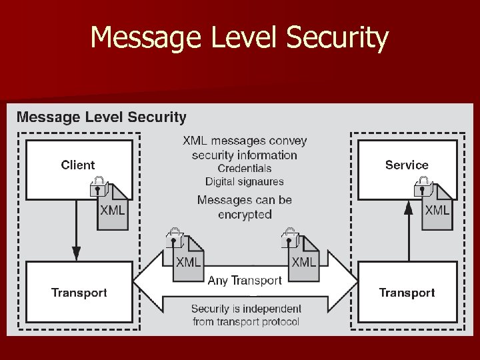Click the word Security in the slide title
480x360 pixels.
tap(337, 38)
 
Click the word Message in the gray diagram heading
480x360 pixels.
tap(47, 117)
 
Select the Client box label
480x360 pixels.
tap(78, 165)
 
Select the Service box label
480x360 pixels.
tap(407, 165)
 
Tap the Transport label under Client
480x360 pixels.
tap(79, 293)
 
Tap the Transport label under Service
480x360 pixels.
tap(407, 293)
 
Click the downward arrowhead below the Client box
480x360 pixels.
tap(76, 253)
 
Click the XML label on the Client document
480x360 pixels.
tap(112, 210)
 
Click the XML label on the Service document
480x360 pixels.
tap(437, 210)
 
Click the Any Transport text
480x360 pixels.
tap(245, 281)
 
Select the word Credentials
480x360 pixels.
tap(245, 169)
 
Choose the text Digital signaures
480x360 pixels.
tap(245, 181)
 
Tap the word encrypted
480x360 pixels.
tap(245, 215)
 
